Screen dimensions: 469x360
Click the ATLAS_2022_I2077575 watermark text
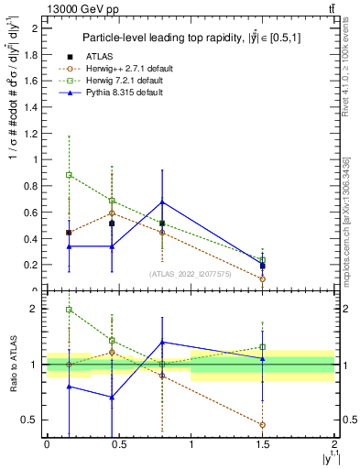pos(191,274)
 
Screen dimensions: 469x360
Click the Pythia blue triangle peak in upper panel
pos(162,202)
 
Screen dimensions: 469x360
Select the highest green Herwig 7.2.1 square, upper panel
pos(69,174)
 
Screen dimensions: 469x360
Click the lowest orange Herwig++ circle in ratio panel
pos(263,425)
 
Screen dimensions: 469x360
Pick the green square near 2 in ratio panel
pos(69,310)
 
